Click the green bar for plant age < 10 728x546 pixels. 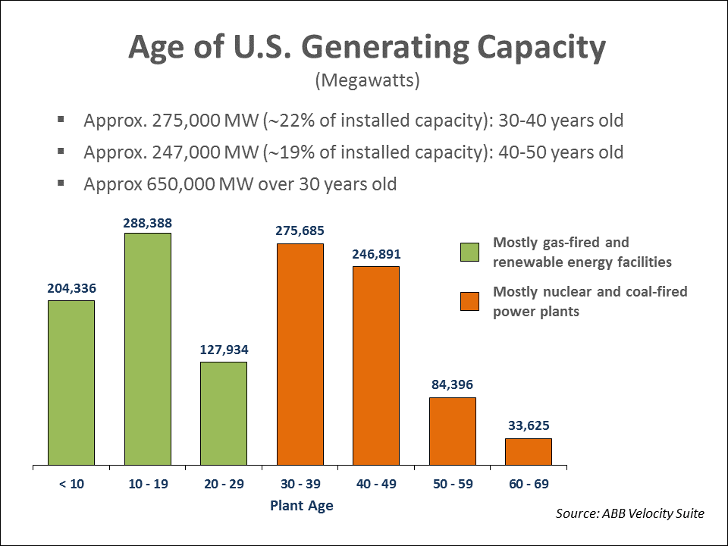click(71, 382)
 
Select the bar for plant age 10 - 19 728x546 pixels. click(148, 349)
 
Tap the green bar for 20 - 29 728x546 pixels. click(224, 413)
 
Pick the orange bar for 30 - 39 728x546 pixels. click(300, 354)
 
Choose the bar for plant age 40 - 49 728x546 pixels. click(376, 366)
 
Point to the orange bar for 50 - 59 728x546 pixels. click(453, 431)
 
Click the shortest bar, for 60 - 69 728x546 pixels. click(529, 451)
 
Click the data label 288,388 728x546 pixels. click(148, 224)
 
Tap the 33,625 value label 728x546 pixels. click(529, 425)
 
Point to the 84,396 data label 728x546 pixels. click(453, 384)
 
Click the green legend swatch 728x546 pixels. click(470, 253)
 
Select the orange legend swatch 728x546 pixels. click(470, 301)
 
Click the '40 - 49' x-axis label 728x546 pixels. click(376, 484)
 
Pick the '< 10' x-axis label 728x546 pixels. click(71, 484)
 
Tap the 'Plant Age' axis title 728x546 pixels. click(301, 505)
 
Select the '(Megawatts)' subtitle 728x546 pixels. click(367, 80)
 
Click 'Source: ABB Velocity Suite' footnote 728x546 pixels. click(630, 514)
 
